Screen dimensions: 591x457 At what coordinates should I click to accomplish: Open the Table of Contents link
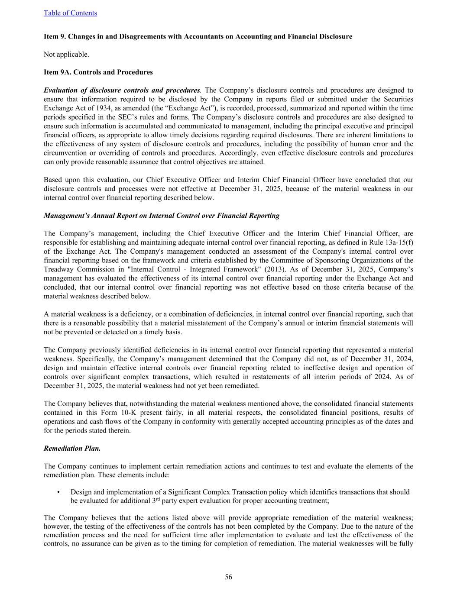tap(70, 13)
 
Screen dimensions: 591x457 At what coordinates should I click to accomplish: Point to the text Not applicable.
tap(66, 54)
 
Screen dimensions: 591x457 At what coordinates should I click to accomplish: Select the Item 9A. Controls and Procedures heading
tap(98, 72)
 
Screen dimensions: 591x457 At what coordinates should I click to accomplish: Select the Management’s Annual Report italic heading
tap(161, 215)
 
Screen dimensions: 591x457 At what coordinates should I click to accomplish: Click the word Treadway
tap(59, 269)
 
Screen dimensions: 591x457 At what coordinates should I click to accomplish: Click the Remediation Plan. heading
tap(72, 448)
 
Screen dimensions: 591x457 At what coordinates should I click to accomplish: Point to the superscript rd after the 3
tap(158, 499)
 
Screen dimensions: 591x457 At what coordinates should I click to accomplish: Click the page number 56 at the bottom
tap(228, 577)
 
